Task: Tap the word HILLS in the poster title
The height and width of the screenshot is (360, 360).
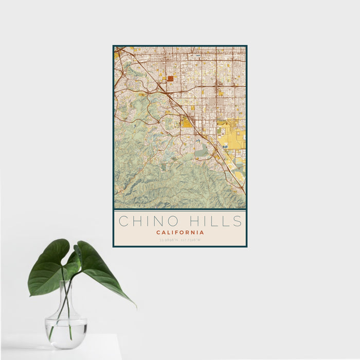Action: point(217,222)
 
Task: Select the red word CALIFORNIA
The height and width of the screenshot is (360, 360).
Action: point(180,232)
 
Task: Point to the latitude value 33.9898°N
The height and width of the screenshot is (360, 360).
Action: point(169,240)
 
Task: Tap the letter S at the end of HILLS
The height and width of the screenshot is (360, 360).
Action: point(237,222)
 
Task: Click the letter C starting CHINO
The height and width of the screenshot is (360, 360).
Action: point(123,222)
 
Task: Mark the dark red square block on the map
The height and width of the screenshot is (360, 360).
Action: point(170,79)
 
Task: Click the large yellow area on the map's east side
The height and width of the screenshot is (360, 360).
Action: point(231,136)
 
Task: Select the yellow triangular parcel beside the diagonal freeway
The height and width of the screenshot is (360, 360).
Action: point(185,122)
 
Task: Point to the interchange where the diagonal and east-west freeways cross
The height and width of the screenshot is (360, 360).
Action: point(162,89)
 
